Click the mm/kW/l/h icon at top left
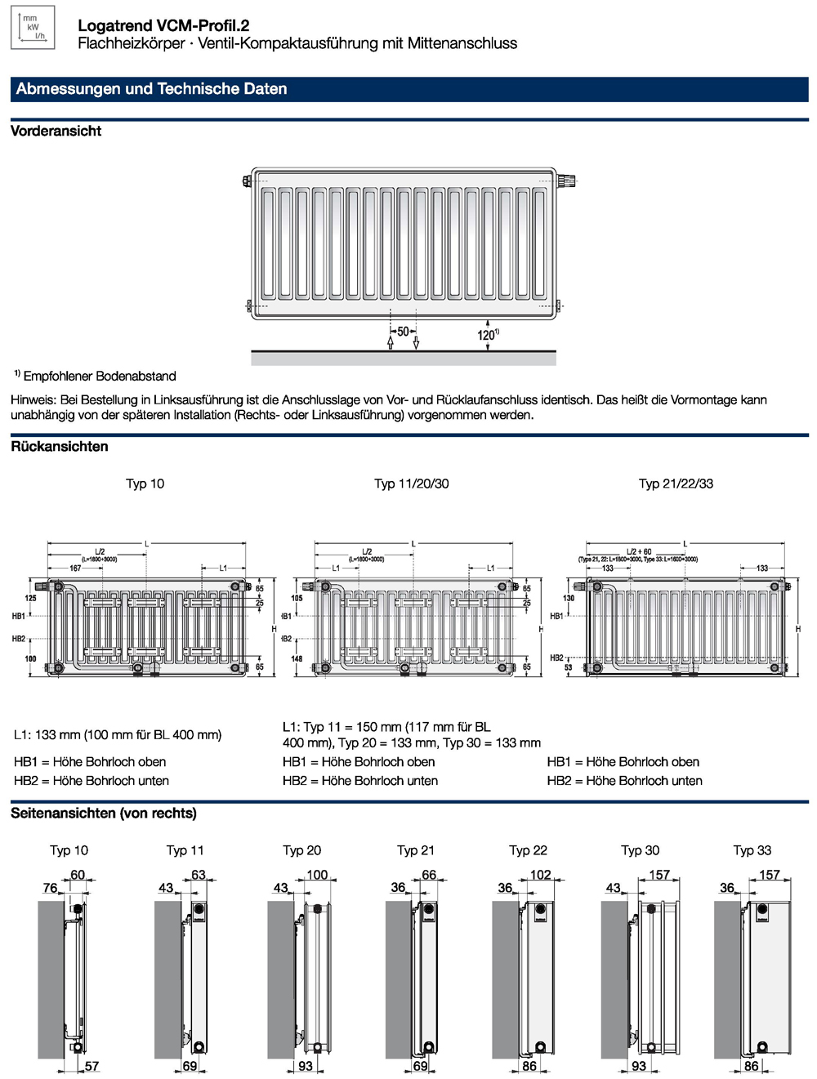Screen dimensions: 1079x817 33,27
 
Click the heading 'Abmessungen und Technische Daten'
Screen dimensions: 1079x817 151,89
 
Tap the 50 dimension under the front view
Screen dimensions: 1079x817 403,332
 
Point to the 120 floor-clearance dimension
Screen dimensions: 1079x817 487,335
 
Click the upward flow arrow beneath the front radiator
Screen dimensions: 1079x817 391,341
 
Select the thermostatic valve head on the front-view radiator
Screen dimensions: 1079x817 567,181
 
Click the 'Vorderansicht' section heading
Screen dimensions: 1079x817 56,131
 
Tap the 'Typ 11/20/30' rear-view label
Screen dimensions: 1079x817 411,484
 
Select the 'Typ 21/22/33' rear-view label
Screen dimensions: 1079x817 676,484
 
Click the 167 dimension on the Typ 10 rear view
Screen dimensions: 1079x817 75,568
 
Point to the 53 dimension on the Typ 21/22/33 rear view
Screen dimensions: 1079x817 568,667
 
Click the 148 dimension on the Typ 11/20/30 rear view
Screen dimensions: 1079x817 297,658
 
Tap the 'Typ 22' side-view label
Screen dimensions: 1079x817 528,850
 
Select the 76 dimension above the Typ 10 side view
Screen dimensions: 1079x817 50,888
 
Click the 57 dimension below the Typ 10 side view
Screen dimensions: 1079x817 92,1066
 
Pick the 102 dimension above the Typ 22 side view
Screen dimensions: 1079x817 540,875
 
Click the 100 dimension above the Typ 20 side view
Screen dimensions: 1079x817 317,875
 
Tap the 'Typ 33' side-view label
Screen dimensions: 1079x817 752,850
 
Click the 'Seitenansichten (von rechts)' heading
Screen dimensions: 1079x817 104,814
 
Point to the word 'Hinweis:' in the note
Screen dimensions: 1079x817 33,400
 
